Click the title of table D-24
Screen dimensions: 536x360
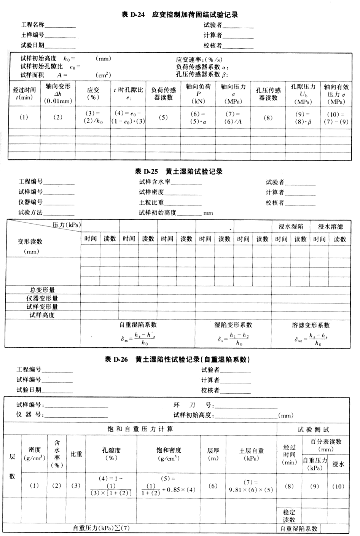pos(180,15)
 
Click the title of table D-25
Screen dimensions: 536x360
pos(179,172)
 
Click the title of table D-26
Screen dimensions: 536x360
pos(177,359)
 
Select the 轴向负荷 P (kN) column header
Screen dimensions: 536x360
pos(198,94)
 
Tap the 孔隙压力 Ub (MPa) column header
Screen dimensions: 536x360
pos(303,94)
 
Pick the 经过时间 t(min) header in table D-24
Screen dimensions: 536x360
pos(24,94)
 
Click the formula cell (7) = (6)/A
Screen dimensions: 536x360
pos(233,118)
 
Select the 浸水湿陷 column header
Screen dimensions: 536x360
pos(291,227)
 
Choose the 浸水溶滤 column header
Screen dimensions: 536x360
pos(330,227)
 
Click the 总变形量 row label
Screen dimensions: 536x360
pos(42,290)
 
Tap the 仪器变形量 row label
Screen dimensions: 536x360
pos(42,298)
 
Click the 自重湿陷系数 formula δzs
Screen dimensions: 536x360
pos(138,338)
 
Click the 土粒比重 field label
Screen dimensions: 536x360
pos(151,202)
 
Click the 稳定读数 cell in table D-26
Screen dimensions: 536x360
pos(289,515)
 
